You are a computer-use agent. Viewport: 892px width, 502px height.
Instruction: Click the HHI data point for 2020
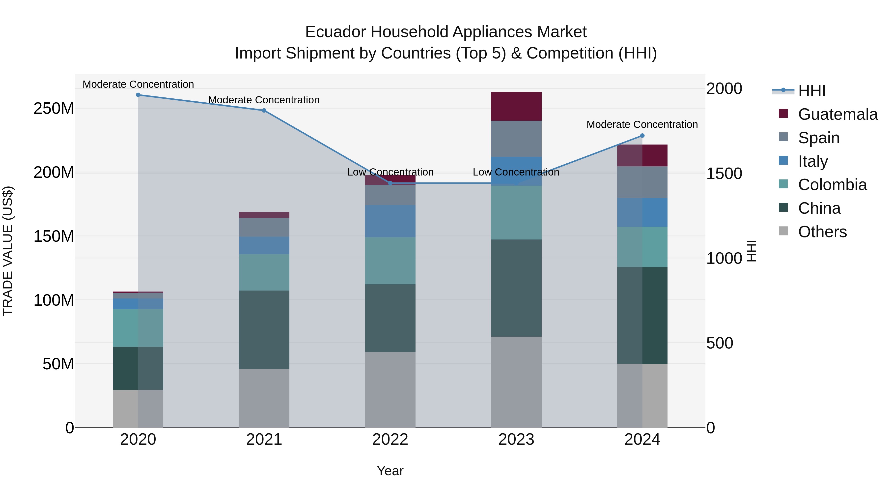pyautogui.click(x=138, y=95)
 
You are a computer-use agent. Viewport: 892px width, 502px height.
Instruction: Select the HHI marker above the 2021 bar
pyautogui.click(x=264, y=111)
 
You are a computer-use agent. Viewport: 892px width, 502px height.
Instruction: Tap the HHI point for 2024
pyautogui.click(x=642, y=136)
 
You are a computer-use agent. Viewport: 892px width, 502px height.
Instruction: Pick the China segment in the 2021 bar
pyautogui.click(x=264, y=329)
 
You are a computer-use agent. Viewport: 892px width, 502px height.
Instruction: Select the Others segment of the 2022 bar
pyautogui.click(x=390, y=389)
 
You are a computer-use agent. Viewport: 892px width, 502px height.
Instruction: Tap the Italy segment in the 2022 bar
pyautogui.click(x=390, y=221)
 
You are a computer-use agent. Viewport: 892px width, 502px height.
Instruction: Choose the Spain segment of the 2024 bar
pyautogui.click(x=642, y=182)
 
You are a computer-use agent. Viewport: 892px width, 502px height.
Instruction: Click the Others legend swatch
pyautogui.click(x=783, y=231)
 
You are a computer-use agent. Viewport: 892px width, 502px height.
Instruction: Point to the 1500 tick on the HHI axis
pyautogui.click(x=724, y=173)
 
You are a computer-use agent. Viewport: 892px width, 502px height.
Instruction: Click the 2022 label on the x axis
pyautogui.click(x=390, y=440)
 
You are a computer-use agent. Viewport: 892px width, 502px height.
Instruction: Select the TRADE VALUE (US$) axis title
pyautogui.click(x=8, y=251)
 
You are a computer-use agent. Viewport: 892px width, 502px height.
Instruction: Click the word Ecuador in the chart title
pyautogui.click(x=335, y=32)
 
